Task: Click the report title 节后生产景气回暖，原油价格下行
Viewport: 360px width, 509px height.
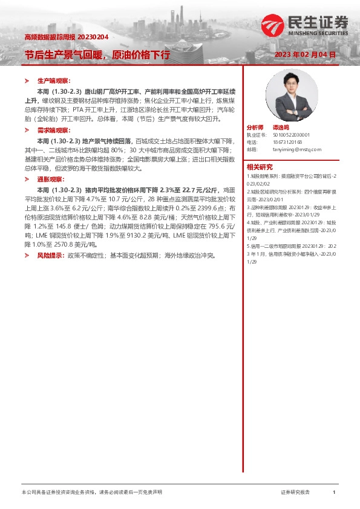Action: (97, 54)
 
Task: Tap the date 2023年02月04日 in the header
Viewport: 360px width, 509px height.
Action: (305, 54)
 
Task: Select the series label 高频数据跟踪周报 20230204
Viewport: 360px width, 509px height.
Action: (66, 37)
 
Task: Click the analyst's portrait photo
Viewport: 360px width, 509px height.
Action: (283, 96)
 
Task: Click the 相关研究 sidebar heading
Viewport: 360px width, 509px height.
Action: (260, 167)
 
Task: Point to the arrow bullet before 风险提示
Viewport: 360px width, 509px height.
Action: (27, 256)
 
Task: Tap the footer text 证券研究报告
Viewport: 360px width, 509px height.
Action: (295, 493)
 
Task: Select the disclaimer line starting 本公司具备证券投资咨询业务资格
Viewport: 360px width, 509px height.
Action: (91, 493)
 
